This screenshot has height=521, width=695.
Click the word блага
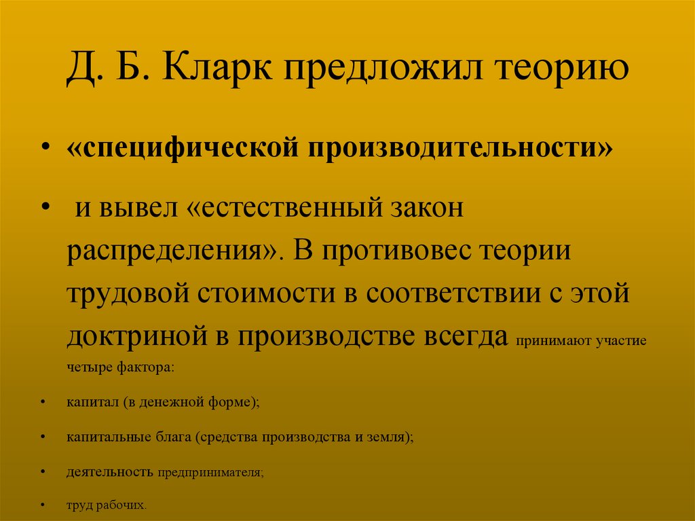tap(172, 437)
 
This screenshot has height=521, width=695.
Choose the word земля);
tap(392, 437)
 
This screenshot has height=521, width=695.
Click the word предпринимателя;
tap(211, 471)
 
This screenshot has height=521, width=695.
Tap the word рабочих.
tap(124, 505)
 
